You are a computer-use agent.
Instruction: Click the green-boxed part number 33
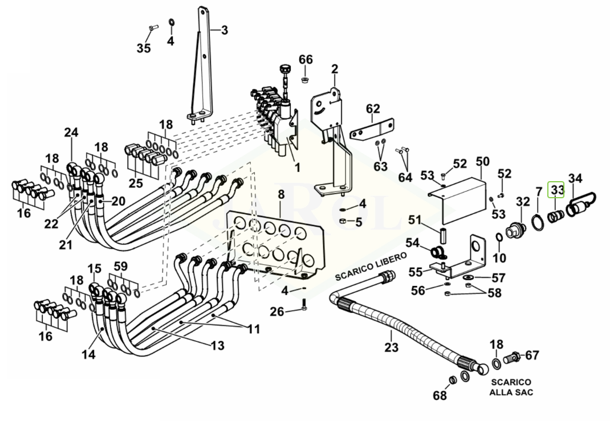click(x=556, y=190)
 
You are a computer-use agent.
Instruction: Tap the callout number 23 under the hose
click(x=391, y=347)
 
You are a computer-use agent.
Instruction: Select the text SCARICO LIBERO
click(x=371, y=267)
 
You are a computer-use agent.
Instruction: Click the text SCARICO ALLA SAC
click(x=511, y=387)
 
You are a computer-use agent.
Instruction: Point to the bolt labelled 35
click(x=152, y=27)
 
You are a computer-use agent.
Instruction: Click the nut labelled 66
click(x=305, y=80)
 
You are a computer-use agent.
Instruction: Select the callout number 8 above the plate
click(x=281, y=194)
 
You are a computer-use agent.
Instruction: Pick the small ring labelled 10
click(x=499, y=237)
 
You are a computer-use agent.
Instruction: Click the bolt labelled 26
click(x=304, y=304)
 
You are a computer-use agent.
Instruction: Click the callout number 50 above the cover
click(x=482, y=162)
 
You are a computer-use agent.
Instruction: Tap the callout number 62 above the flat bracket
click(x=373, y=108)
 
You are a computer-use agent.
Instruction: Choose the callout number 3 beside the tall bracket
click(x=225, y=30)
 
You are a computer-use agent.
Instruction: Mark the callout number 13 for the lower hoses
click(x=217, y=345)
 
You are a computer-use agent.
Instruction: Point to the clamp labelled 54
click(x=438, y=252)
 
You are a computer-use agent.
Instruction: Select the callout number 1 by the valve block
click(x=298, y=167)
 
